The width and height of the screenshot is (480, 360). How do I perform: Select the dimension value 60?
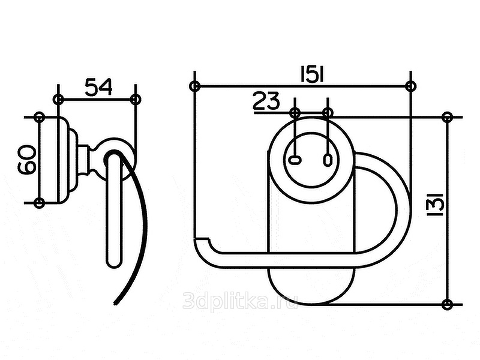(26, 160)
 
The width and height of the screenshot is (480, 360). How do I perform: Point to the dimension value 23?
(266, 101)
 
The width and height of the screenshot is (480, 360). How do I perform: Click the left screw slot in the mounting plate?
(295, 160)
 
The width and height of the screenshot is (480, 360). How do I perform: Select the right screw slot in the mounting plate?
(327, 160)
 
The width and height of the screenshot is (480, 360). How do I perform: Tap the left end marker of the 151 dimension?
(194, 86)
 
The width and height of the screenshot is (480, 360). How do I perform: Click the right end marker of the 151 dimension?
(410, 86)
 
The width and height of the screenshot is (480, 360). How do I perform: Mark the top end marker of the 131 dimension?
(447, 116)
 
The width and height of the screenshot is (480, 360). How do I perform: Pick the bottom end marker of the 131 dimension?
(447, 304)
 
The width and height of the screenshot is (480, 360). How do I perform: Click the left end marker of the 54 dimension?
(58, 98)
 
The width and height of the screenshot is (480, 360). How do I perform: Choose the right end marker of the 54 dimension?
(136, 98)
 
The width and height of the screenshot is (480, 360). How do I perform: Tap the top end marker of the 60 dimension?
(40, 116)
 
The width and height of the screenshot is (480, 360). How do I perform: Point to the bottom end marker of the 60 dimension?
(40, 203)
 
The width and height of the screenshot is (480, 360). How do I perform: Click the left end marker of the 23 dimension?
(295, 112)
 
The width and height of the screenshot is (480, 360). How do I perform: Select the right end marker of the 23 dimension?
(327, 112)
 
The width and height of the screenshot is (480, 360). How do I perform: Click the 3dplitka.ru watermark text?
(240, 301)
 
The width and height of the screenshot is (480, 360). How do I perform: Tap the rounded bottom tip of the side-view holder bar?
(113, 262)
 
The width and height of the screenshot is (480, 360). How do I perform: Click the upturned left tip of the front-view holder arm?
(202, 242)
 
